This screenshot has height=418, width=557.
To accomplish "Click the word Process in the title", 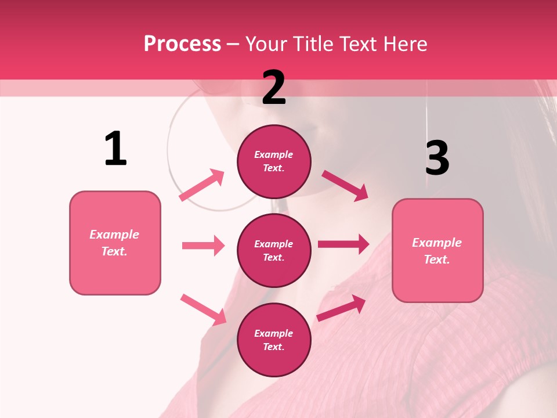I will click(182, 44).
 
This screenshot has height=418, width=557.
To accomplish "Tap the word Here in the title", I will click(403, 44).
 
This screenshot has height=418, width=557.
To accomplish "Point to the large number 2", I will click(274, 88).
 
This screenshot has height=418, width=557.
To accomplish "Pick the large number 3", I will click(437, 158).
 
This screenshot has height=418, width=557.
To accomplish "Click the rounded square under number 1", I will click(115, 243).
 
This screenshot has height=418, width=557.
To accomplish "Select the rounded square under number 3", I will click(437, 251).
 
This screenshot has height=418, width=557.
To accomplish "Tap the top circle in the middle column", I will click(274, 161).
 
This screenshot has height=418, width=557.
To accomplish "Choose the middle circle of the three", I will click(274, 251).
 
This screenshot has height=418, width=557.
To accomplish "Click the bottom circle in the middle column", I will click(274, 340).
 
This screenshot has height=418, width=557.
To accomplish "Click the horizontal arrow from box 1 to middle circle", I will click(203, 246).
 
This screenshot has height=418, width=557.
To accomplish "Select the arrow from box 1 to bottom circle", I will click(203, 309).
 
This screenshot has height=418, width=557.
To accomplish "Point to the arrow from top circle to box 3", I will click(345, 185).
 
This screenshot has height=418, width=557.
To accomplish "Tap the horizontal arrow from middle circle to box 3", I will click(343, 244).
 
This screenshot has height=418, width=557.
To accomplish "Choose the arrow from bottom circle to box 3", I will click(341, 308).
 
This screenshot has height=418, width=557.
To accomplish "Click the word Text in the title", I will click(356, 44).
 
